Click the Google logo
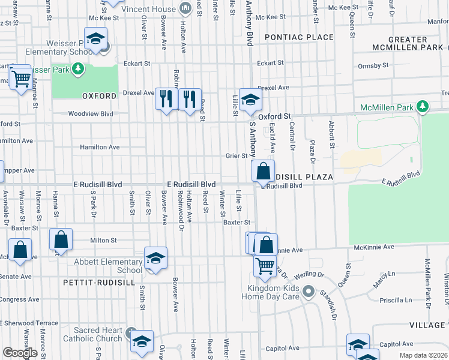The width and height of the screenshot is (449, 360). click(x=20, y=353)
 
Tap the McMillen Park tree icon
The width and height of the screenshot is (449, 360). click(x=423, y=107)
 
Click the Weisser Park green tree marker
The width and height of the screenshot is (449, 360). click(x=77, y=70)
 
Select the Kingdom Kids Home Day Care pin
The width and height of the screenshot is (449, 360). click(x=309, y=292)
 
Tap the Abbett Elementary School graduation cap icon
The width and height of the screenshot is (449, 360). click(x=155, y=259)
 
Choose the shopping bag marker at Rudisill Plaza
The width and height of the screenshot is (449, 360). click(x=263, y=172)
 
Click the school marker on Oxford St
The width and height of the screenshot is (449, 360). click(x=250, y=100)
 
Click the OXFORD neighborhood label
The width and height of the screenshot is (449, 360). click(x=98, y=96)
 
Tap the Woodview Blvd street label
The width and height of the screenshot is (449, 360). click(x=91, y=113)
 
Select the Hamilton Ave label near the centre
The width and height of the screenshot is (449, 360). click(x=100, y=147)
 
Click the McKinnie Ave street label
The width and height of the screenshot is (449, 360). click(x=373, y=247)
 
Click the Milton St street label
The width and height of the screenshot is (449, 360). click(x=103, y=240)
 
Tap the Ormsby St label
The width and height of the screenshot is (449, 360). click(x=373, y=65)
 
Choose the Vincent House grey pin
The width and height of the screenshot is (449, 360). click(x=185, y=8)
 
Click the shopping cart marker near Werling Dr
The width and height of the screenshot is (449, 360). click(x=264, y=265)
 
